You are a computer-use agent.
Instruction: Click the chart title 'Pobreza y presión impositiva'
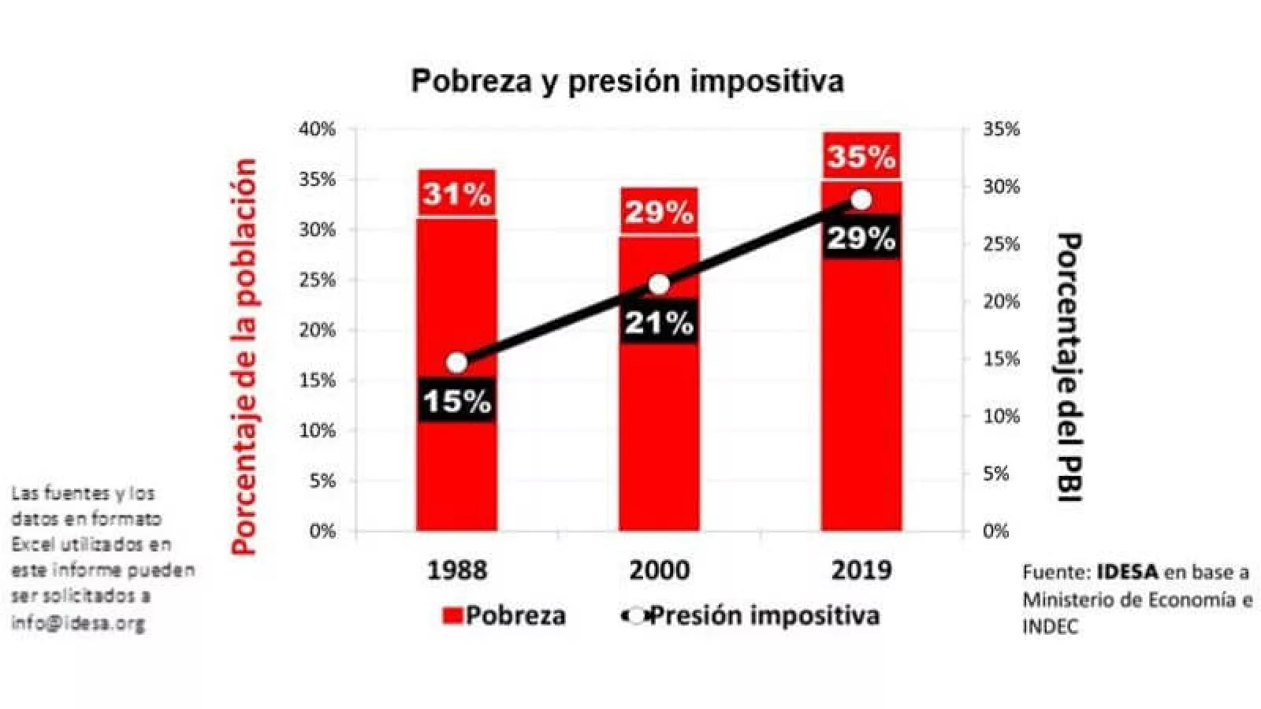click(627, 81)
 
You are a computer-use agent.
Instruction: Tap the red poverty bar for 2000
click(659, 441)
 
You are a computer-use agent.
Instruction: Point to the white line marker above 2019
click(861, 200)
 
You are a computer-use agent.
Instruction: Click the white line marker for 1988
click(457, 362)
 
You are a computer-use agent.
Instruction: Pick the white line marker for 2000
click(659, 284)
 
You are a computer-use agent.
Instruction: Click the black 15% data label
click(457, 401)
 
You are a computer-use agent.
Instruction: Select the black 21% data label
click(659, 322)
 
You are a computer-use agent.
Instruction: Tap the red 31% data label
click(457, 194)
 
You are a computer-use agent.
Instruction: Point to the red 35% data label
click(861, 157)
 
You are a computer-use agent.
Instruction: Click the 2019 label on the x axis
click(861, 570)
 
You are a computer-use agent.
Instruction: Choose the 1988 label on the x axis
click(457, 570)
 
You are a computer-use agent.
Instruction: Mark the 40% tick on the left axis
click(317, 129)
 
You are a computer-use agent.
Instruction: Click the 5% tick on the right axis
click(995, 473)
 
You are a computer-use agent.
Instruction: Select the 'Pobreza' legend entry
click(504, 615)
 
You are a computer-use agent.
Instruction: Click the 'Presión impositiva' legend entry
click(753, 615)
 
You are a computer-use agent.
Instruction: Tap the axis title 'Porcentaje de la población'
click(245, 356)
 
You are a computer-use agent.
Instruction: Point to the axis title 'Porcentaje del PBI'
click(1069, 366)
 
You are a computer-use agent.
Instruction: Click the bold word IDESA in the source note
click(1127, 572)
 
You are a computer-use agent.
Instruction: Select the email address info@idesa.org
click(78, 623)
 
